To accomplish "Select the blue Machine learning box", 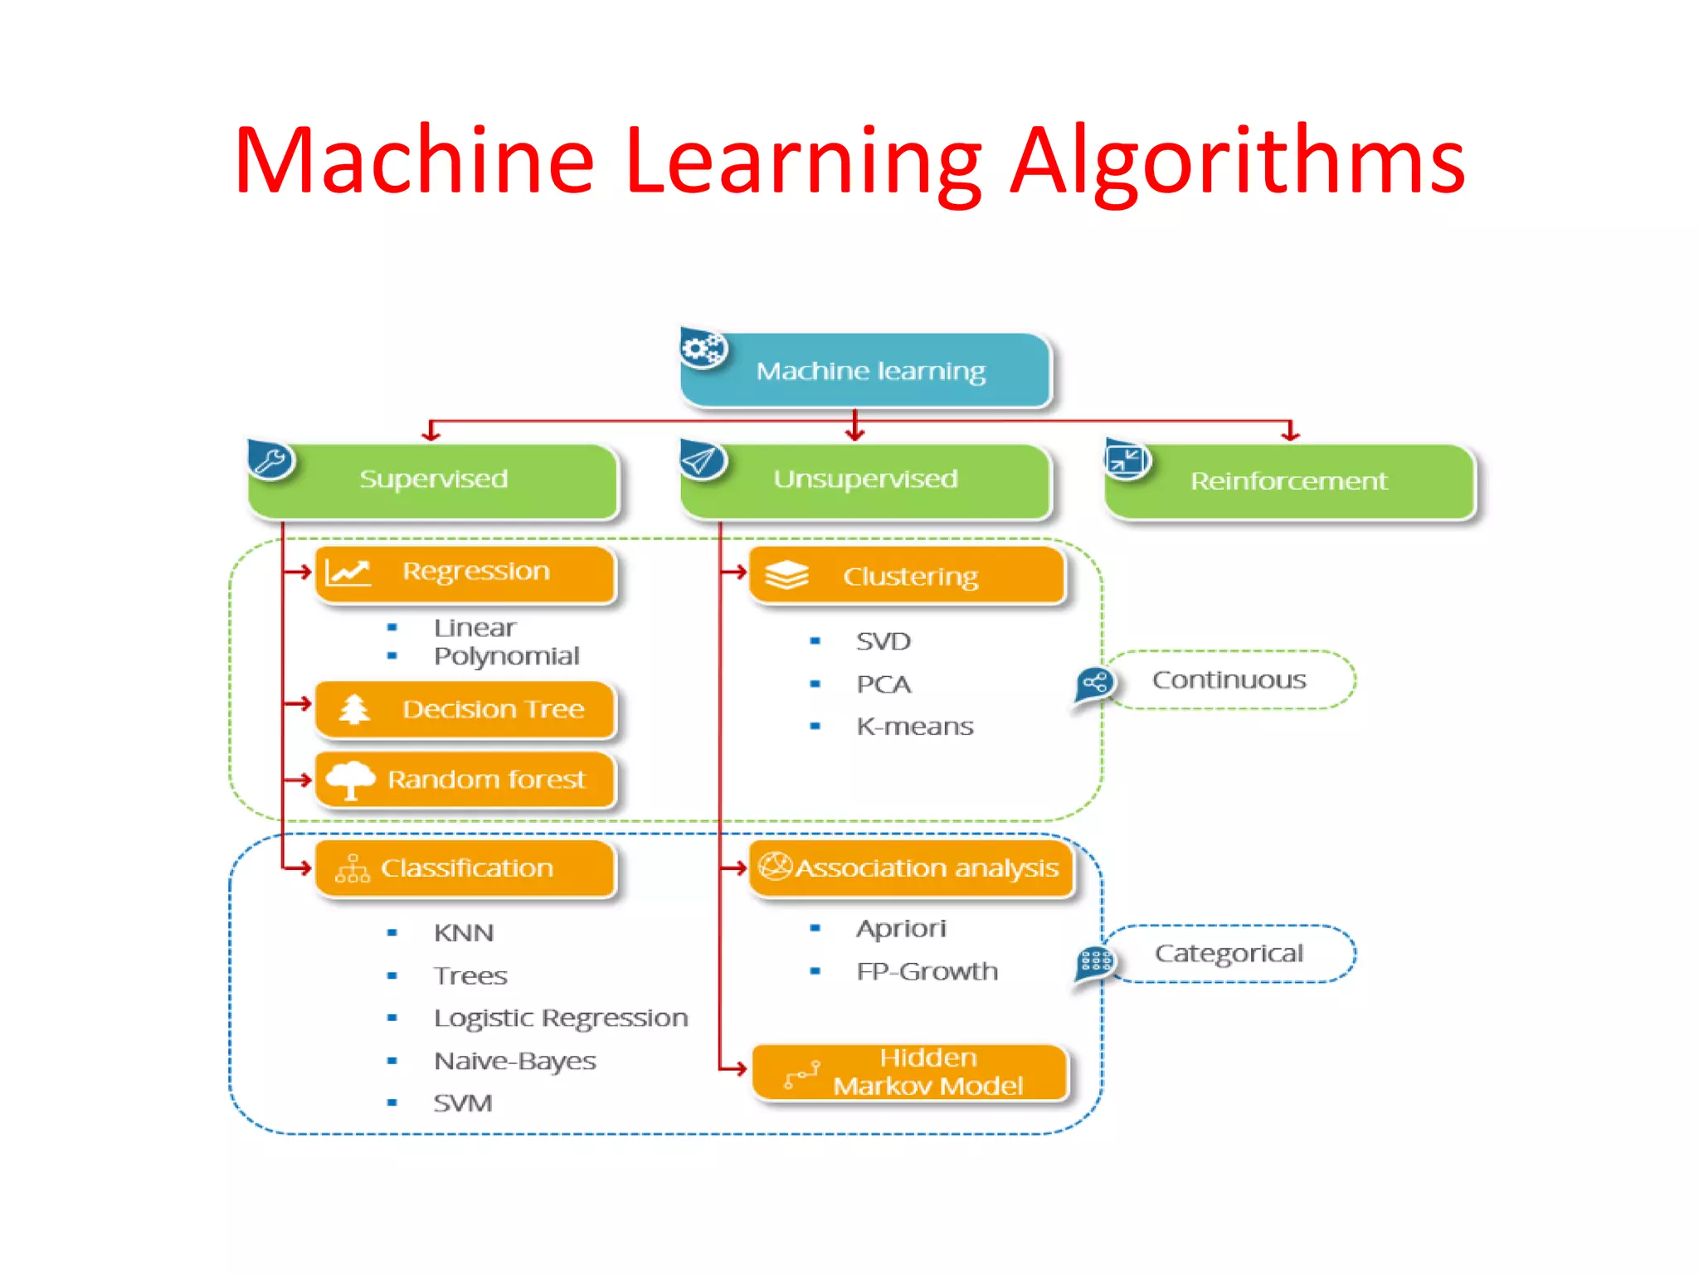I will (x=867, y=371).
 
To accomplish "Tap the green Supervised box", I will (x=433, y=480).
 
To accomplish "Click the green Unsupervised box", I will (x=865, y=480).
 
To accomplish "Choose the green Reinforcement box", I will (x=1288, y=482).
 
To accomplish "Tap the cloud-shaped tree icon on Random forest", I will (x=350, y=779).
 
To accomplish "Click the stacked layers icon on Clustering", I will (x=786, y=574).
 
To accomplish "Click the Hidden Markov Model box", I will (x=911, y=1072).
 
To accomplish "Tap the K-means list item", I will (x=914, y=727).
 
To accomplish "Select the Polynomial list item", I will (x=506, y=656).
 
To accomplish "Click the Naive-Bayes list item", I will (x=514, y=1061).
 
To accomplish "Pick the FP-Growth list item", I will (x=927, y=971).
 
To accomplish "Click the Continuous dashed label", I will (x=1229, y=680).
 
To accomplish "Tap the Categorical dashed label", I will (x=1229, y=954).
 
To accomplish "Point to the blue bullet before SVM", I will (x=392, y=1103).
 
